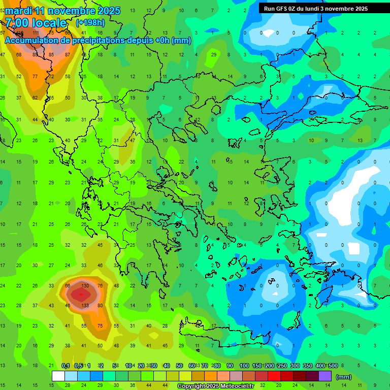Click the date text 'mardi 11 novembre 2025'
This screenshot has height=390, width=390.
[63, 11]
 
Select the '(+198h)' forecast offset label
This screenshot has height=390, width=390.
[90, 22]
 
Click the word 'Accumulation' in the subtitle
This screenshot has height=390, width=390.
[30, 40]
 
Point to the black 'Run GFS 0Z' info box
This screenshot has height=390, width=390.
[316, 8]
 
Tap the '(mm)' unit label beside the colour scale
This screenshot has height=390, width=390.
[344, 377]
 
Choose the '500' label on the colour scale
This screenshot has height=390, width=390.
[333, 366]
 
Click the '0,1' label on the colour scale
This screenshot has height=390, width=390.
[66, 366]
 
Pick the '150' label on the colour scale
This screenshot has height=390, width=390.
[257, 366]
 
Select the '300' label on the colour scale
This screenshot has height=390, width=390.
[295, 366]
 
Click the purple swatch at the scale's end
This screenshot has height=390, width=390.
[325, 376]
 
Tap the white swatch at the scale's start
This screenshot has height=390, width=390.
[58, 376]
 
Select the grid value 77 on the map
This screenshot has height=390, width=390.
[35, 76]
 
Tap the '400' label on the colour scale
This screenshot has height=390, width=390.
[320, 366]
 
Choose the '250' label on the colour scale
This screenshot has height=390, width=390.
[282, 366]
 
